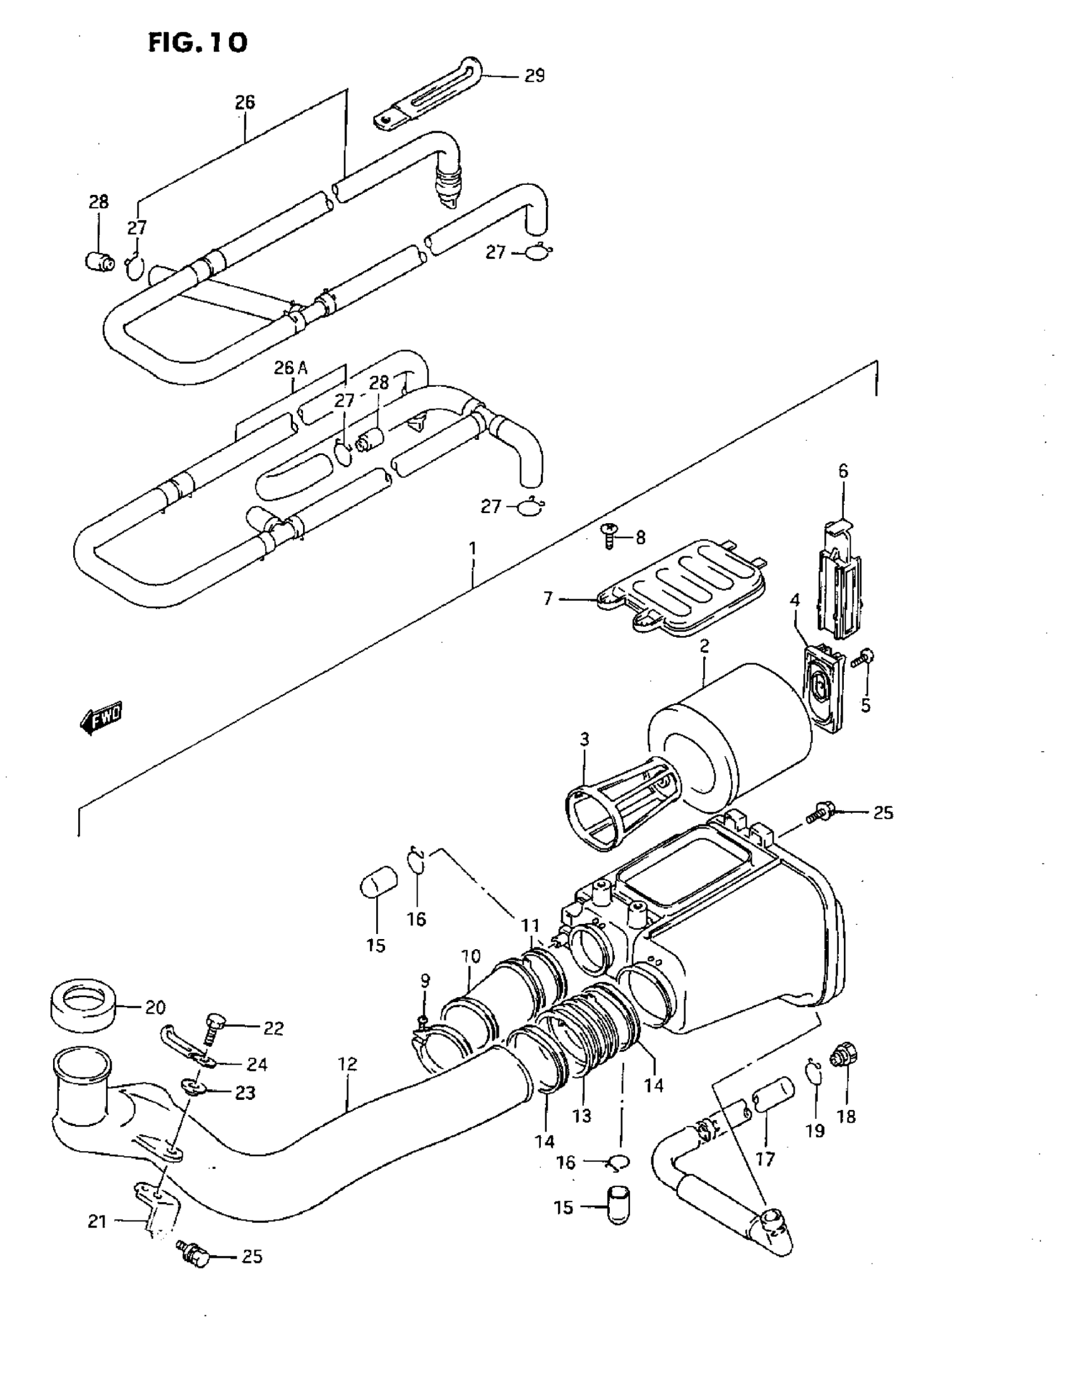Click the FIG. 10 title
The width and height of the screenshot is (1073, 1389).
point(197,43)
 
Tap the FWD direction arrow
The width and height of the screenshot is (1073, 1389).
point(101,718)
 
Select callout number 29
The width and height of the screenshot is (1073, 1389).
point(534,76)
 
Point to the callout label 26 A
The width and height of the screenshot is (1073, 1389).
point(291,367)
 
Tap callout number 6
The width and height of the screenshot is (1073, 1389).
point(843,471)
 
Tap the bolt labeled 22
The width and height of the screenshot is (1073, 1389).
point(213,1027)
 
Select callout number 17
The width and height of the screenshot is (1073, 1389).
point(765,1159)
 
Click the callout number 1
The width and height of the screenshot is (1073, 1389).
point(473,548)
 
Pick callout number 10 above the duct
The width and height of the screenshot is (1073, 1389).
point(471,956)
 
